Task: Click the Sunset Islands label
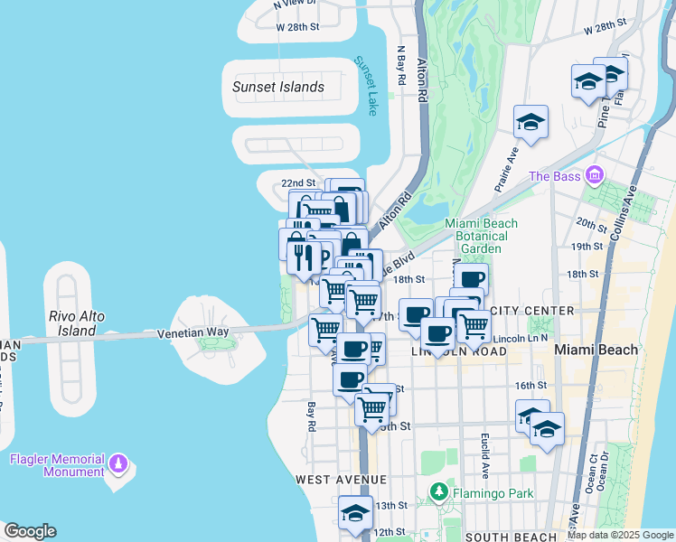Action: (x=277, y=88)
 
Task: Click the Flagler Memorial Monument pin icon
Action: (x=117, y=464)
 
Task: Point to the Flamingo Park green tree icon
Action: (x=438, y=492)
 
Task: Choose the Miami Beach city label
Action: (x=595, y=350)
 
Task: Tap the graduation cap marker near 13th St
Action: (x=355, y=514)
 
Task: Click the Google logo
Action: (x=30, y=531)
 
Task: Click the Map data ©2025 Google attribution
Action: (x=620, y=535)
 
